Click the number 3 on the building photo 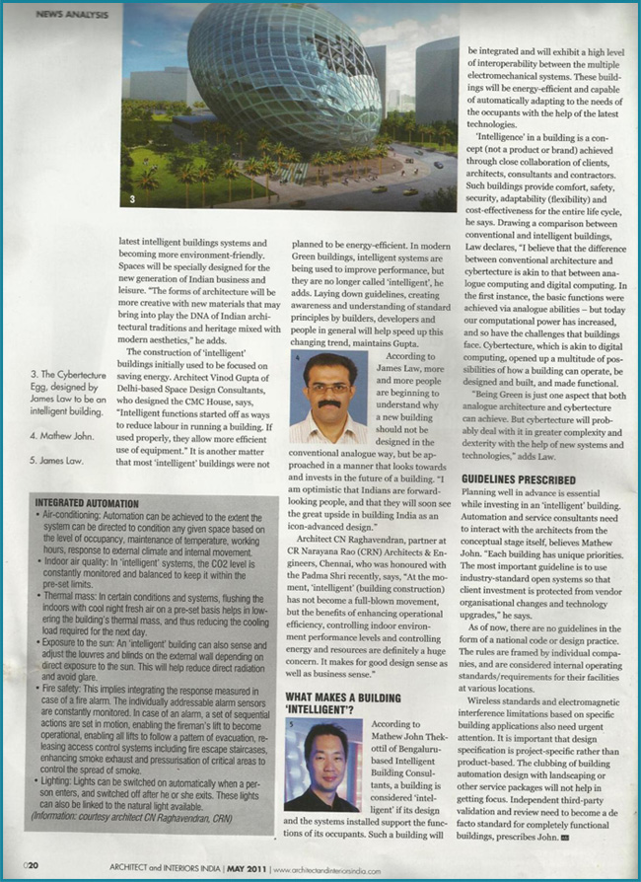click(131, 199)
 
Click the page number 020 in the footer click(32, 865)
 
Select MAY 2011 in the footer click(242, 866)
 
